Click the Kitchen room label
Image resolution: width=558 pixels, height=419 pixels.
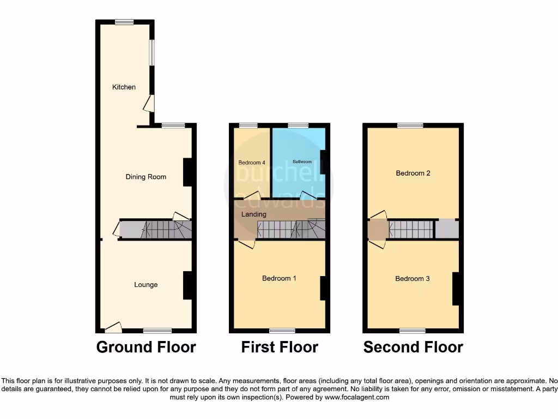(124, 87)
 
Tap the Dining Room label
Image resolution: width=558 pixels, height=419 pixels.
(145, 177)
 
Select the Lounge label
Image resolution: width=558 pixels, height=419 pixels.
(145, 285)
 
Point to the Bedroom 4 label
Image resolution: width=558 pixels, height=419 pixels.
(252, 163)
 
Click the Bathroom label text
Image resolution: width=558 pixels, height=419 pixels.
(302, 162)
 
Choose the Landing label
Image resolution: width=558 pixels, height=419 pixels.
(254, 214)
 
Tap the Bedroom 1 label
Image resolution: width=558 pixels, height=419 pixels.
(279, 278)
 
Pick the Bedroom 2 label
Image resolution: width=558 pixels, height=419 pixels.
(413, 173)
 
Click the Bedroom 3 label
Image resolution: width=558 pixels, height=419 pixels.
(413, 279)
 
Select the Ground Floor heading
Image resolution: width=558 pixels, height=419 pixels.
(146, 347)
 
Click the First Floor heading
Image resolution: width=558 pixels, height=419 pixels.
(280, 347)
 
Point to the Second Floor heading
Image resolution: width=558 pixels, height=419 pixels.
(413, 347)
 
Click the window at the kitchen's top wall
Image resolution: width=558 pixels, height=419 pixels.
(124, 22)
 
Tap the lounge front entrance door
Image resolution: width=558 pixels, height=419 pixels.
(113, 327)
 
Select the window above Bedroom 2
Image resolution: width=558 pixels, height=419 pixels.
(410, 125)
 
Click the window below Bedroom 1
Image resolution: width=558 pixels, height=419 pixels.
(282, 331)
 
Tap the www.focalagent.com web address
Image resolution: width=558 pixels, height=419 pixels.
(357, 398)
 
